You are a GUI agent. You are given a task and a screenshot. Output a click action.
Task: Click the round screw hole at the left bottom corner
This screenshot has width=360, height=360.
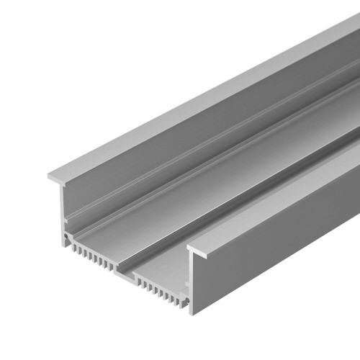(x=67, y=235)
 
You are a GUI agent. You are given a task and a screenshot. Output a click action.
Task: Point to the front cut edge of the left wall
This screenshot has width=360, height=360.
(x=64, y=209)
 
